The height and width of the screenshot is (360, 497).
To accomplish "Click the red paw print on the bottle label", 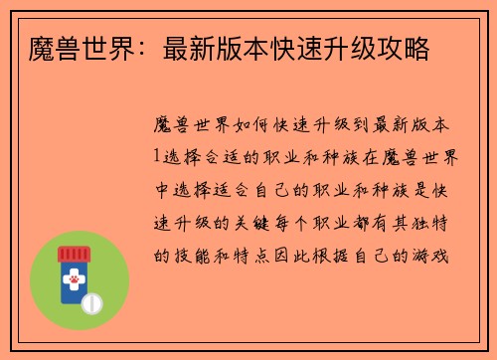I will point(73,284).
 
